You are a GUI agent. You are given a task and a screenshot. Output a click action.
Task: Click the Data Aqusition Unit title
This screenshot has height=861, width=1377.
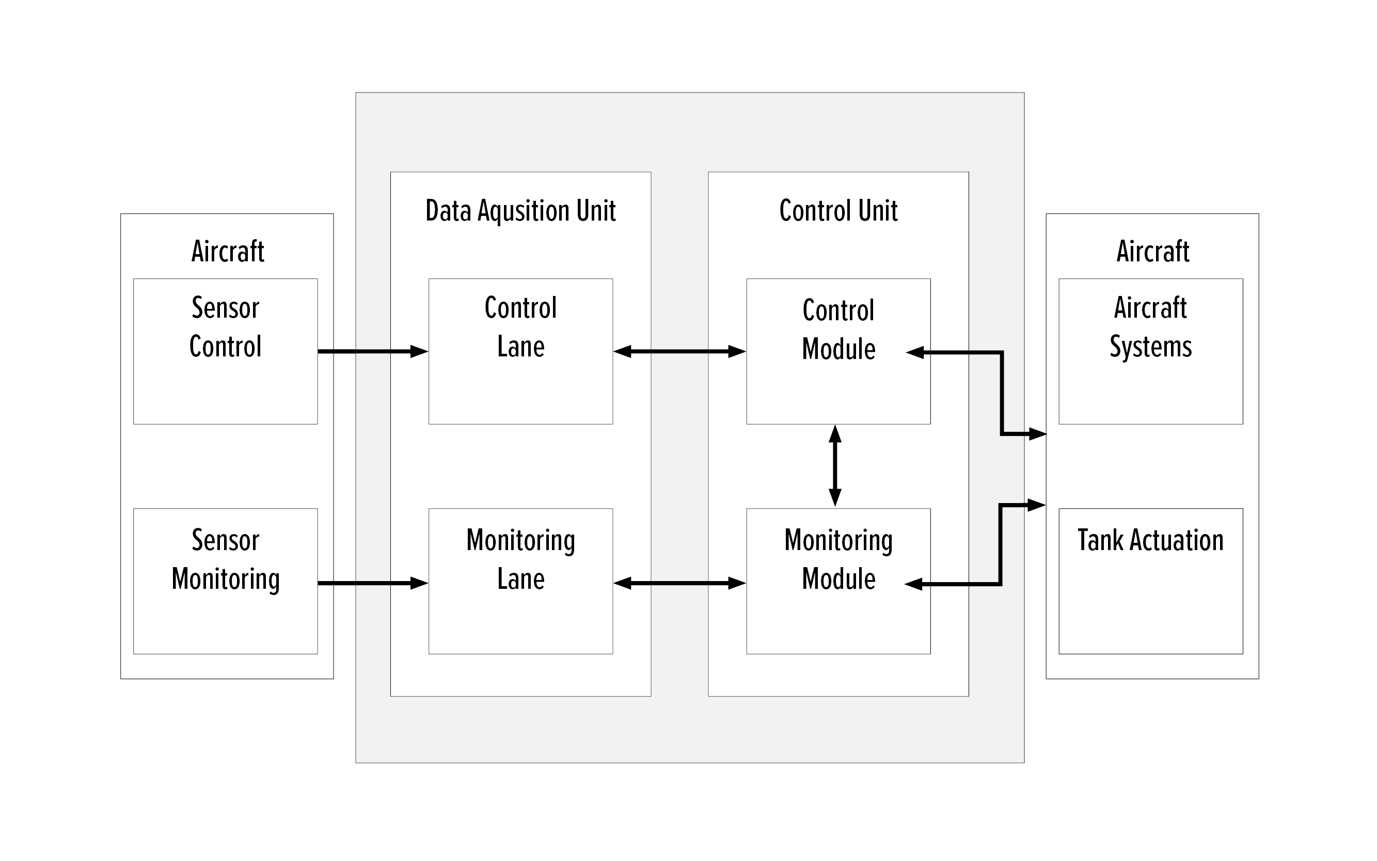(x=520, y=211)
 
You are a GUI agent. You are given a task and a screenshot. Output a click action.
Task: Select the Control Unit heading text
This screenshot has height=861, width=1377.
(x=838, y=211)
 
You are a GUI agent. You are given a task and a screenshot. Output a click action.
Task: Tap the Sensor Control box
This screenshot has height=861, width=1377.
(x=226, y=351)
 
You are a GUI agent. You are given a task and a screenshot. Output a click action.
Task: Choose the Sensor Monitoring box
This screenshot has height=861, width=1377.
(x=226, y=581)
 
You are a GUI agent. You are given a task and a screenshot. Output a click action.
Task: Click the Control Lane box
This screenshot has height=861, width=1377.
(x=520, y=351)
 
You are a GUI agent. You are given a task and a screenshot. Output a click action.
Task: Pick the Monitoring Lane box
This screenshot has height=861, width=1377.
(x=520, y=581)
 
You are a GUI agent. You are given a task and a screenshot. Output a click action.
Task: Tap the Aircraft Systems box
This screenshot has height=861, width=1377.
(x=1150, y=351)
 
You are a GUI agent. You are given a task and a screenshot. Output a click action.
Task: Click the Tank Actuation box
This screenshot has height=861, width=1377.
(x=1150, y=581)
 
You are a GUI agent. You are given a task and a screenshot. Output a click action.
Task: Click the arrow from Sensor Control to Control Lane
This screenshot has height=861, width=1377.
(x=373, y=351)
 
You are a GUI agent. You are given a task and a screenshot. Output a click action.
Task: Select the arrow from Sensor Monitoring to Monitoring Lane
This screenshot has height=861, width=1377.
(x=373, y=583)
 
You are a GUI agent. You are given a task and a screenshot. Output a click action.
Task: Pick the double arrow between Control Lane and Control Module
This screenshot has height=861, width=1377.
(x=679, y=351)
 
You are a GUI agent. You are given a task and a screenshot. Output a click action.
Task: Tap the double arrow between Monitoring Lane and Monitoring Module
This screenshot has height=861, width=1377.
(x=679, y=583)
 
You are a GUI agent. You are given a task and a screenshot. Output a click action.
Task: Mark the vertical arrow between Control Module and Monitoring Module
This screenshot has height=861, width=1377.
(x=834, y=466)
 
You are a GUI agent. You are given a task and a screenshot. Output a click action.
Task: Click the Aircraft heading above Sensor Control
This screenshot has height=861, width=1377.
(x=227, y=251)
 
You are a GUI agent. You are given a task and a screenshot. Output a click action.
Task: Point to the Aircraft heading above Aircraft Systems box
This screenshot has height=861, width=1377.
(x=1152, y=251)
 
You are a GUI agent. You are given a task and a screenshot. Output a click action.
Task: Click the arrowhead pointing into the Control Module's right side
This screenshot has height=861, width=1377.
(x=915, y=353)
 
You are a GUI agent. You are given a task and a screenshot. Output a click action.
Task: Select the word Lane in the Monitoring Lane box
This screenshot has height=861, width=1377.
(x=520, y=579)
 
